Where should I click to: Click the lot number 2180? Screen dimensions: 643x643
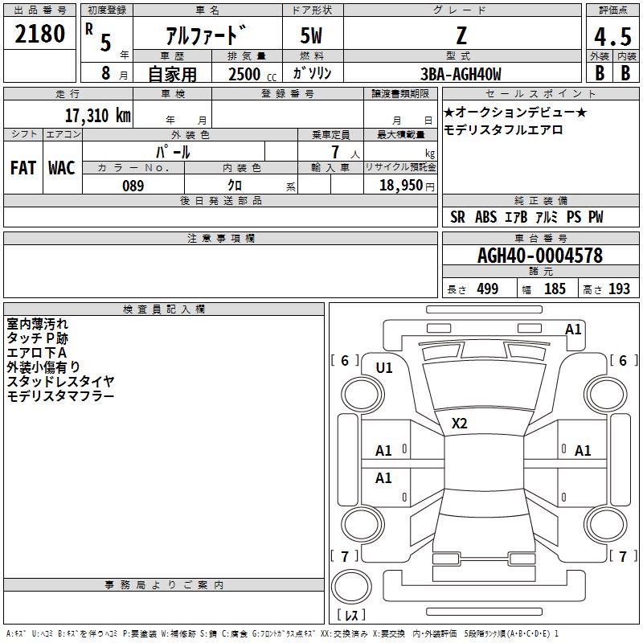[x=39, y=34]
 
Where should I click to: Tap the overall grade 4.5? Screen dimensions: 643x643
[x=612, y=37]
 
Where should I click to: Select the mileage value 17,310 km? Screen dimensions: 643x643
[x=98, y=116]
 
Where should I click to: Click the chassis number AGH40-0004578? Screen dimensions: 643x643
[x=540, y=256]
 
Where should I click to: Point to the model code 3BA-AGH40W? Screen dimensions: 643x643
[x=461, y=74]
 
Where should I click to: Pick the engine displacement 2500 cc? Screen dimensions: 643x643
[x=252, y=74]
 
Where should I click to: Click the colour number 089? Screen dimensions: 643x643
[x=133, y=186]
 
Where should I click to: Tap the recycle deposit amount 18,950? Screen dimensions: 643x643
[x=401, y=186]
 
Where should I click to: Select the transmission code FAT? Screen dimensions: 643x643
[x=23, y=168]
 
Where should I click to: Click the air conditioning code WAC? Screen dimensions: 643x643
[x=62, y=168]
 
